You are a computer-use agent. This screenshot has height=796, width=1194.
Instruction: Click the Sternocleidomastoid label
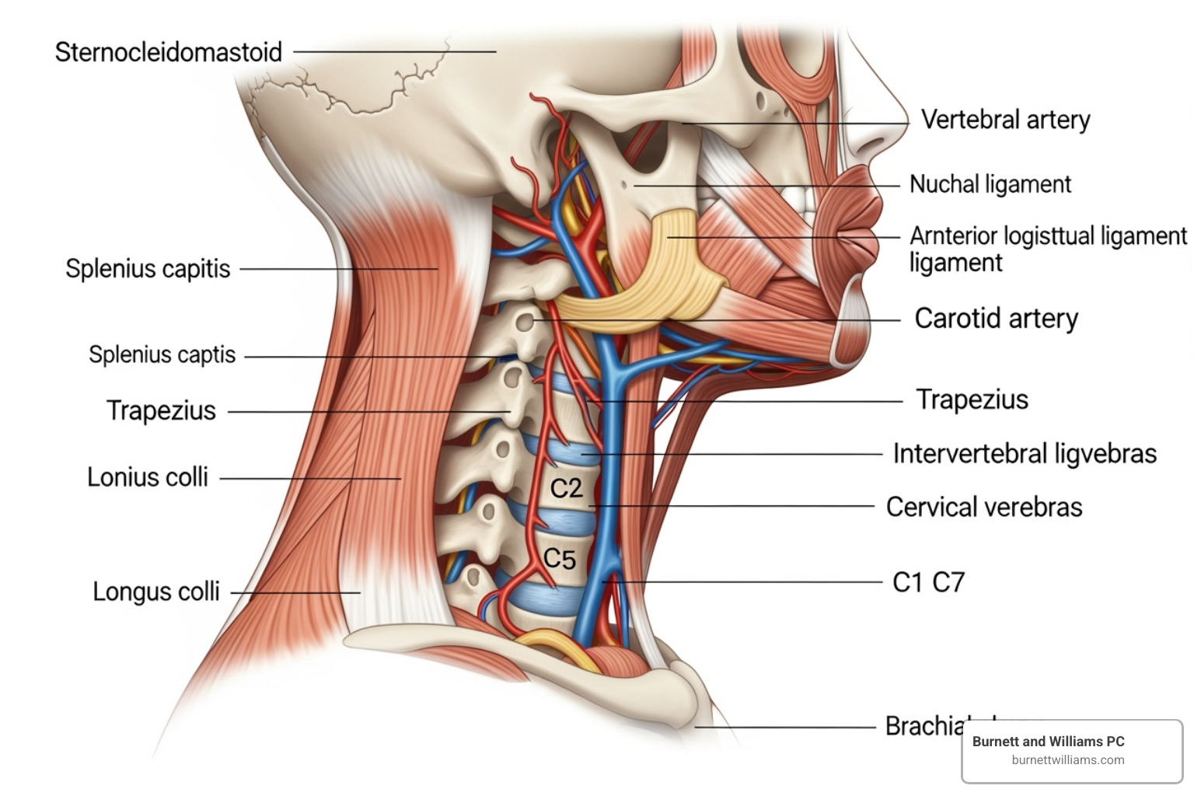click(x=168, y=53)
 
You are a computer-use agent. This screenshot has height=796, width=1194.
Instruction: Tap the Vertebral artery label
click(x=1005, y=120)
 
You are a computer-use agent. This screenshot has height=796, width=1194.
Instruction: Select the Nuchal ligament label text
click(x=990, y=184)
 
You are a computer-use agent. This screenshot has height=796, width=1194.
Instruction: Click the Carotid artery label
click(x=996, y=319)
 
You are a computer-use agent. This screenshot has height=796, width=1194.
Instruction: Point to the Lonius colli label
click(x=147, y=477)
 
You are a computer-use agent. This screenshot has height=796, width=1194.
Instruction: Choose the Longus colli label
click(x=155, y=592)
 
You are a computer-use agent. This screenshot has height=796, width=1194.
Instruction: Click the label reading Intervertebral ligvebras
click(x=1024, y=454)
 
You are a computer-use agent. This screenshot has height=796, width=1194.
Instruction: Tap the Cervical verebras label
click(x=983, y=508)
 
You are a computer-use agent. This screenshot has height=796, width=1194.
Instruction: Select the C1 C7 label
click(x=928, y=582)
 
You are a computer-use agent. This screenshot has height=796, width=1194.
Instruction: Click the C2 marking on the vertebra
click(x=566, y=488)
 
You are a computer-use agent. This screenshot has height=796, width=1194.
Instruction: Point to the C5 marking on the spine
click(x=559, y=559)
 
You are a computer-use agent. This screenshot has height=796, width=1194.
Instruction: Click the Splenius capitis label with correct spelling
click(x=148, y=269)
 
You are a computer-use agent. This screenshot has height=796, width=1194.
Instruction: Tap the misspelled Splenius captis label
click(x=162, y=354)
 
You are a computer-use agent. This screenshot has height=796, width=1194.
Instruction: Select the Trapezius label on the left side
click(x=161, y=410)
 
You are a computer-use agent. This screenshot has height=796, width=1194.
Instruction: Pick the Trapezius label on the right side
click(x=972, y=400)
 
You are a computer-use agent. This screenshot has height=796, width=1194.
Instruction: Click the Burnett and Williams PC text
click(x=1048, y=742)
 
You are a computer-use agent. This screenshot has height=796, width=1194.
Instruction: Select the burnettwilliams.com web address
click(x=1067, y=760)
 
